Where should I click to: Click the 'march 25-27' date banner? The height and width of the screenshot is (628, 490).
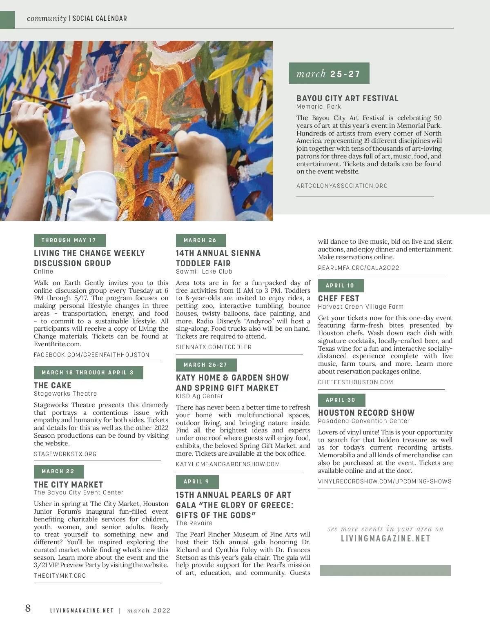click(x=329, y=73)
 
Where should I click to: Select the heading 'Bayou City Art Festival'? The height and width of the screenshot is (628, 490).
click(x=347, y=98)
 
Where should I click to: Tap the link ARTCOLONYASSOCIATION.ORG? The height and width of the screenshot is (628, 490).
click(x=342, y=186)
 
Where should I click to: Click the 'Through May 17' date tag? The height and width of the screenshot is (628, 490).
click(x=69, y=240)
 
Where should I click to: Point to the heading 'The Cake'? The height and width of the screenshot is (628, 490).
click(x=53, y=385)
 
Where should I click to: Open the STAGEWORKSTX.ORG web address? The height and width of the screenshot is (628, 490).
click(x=65, y=454)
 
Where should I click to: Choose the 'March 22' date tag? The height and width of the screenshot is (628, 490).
click(x=58, y=471)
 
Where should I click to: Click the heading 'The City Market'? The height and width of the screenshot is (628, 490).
click(x=68, y=485)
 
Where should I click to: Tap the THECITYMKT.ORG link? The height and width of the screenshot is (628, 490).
click(x=60, y=576)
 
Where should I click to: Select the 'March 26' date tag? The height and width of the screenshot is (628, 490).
click(x=200, y=240)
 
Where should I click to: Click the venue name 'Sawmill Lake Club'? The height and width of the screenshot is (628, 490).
click(x=204, y=272)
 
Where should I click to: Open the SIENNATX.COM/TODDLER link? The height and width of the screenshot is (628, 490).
click(x=214, y=347)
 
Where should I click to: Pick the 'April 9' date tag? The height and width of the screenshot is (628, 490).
click(x=197, y=481)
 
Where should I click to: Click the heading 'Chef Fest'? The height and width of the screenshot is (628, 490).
click(x=339, y=298)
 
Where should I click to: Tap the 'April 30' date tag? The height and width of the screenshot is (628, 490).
click(x=341, y=400)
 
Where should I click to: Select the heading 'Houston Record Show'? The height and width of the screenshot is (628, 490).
click(x=366, y=413)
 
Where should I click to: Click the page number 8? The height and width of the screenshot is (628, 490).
click(x=28, y=608)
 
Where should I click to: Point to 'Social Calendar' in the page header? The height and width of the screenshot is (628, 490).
click(x=100, y=18)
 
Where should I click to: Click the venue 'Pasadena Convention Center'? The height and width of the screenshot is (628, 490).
click(x=363, y=421)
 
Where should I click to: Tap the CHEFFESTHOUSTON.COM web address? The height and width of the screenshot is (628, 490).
click(x=355, y=382)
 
